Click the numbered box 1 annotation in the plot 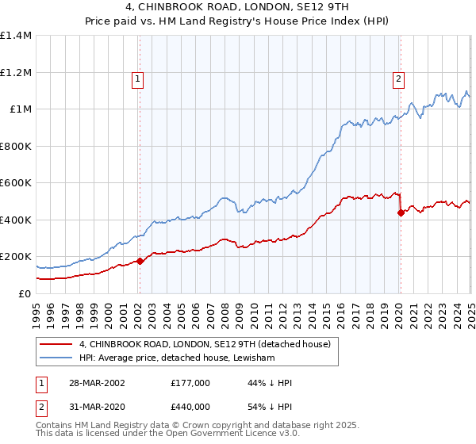[x=138, y=78]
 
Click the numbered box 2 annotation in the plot [x=397, y=78]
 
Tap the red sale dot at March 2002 [x=140, y=261]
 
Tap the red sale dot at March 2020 [x=401, y=212]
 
